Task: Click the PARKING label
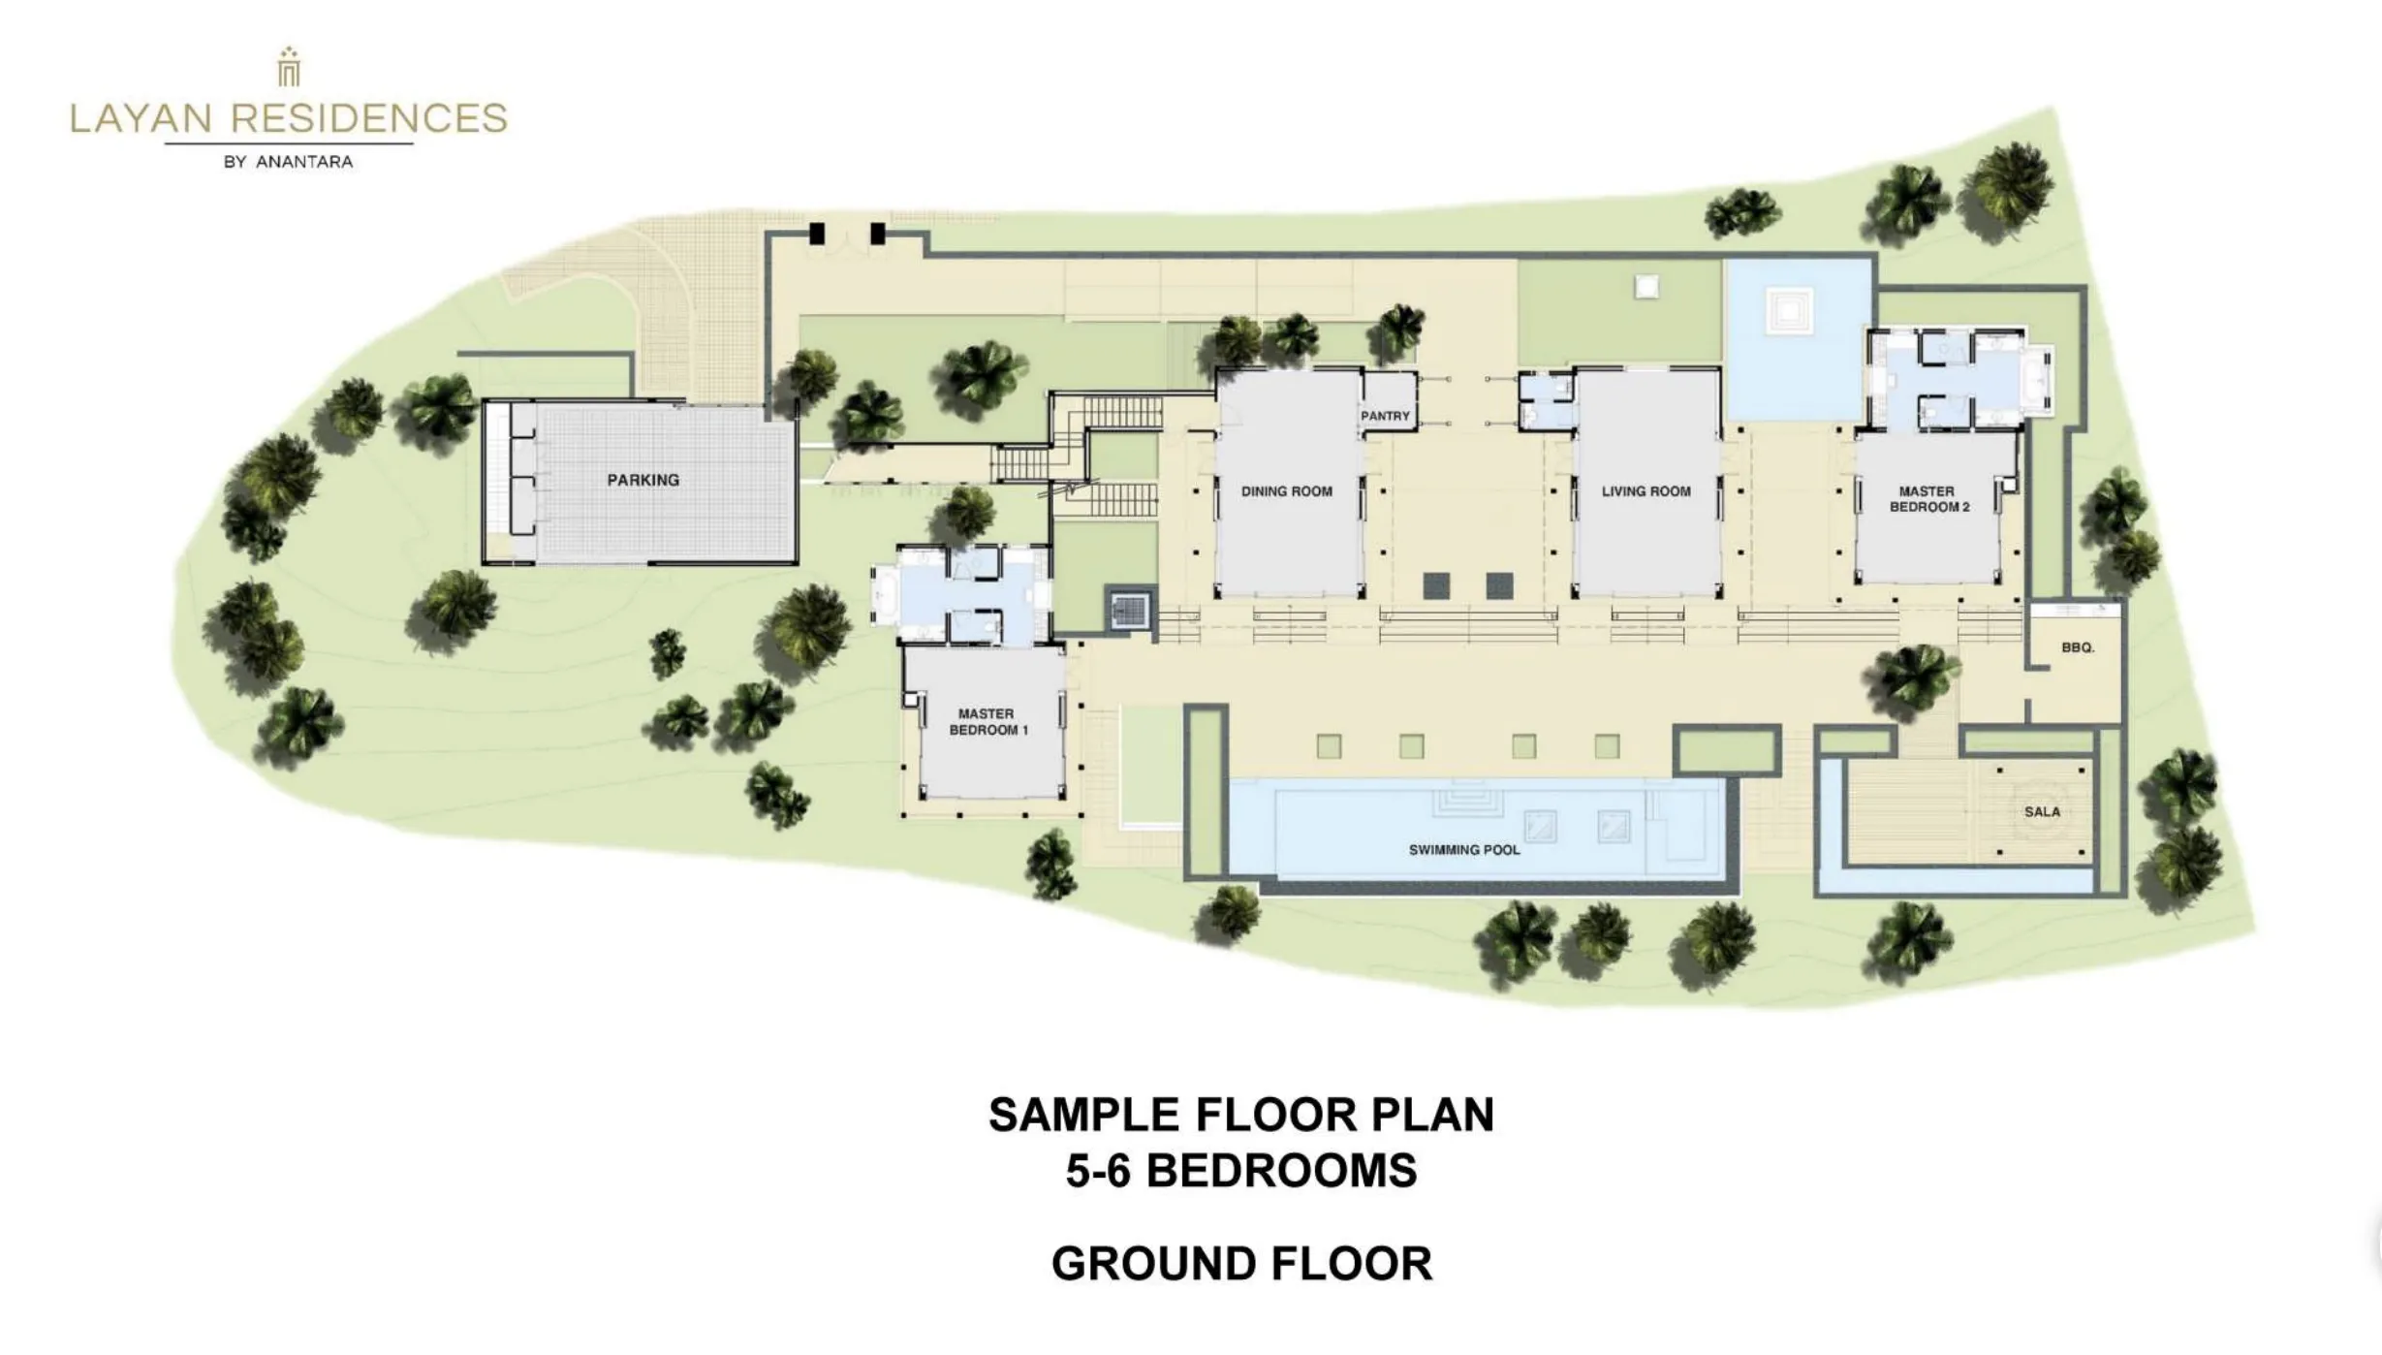[x=643, y=480]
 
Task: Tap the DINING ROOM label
[x=1287, y=491]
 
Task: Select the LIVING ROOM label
[x=1646, y=491]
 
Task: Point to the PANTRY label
[x=1385, y=416]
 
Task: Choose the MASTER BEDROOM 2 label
[x=1929, y=499]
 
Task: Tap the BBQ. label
[x=2078, y=647]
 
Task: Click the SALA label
[x=2042, y=812]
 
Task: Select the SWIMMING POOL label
[x=1464, y=850]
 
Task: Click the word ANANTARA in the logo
[x=304, y=162]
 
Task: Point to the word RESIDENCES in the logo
[x=369, y=118]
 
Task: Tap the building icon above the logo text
[x=289, y=67]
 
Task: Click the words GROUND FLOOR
[x=1241, y=1264]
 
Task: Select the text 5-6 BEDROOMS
[x=1241, y=1171]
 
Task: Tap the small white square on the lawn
[x=1646, y=287]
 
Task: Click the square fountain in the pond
[x=1789, y=311]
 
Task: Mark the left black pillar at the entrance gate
[x=817, y=234]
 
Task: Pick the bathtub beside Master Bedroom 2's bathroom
[x=2039, y=380]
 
